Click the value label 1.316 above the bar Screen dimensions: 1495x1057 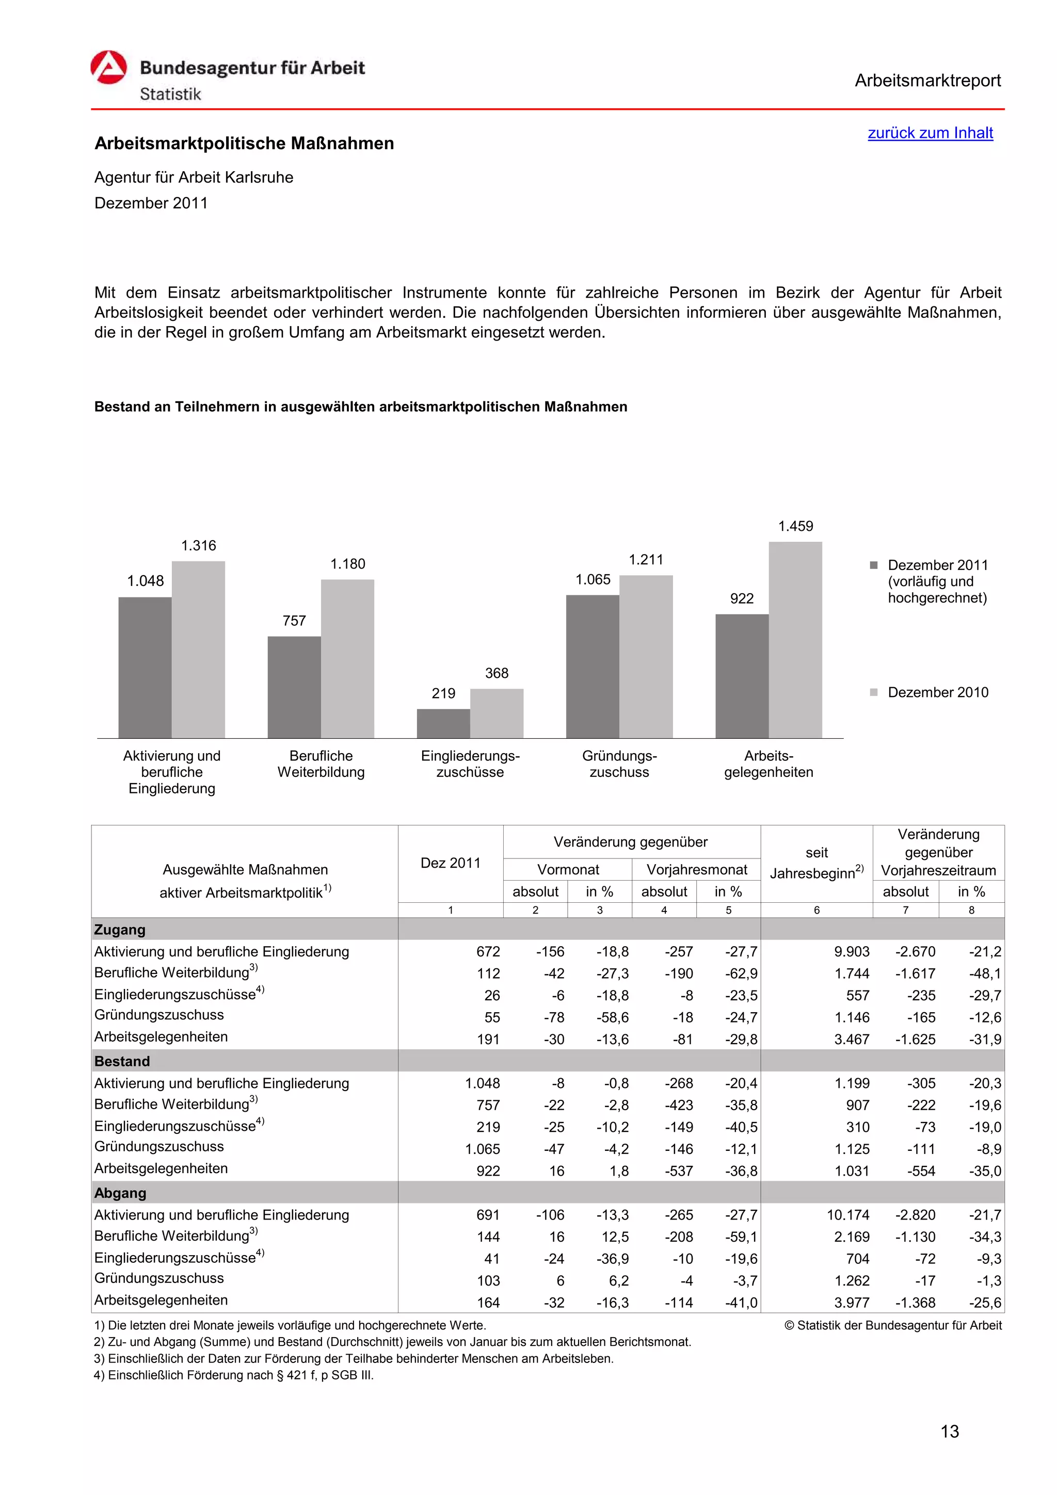198,546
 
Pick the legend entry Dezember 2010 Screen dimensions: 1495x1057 937,692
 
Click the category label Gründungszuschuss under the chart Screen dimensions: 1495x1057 619,764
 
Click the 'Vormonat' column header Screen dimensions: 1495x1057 567,869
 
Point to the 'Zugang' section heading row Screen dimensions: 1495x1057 120,929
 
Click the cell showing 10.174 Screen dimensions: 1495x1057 847,1215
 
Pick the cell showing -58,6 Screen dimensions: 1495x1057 612,1017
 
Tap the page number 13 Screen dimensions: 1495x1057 949,1431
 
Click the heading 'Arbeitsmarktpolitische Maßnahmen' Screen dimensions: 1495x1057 244,143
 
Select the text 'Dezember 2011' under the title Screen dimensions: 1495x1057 151,203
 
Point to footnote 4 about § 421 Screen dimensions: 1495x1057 234,1375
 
